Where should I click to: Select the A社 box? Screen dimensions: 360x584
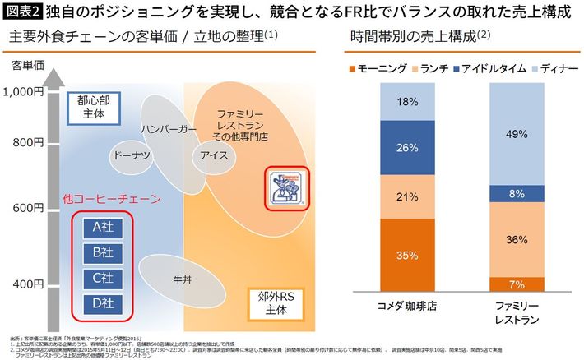tap(103, 226)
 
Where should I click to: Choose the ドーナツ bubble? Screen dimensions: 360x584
tap(131, 155)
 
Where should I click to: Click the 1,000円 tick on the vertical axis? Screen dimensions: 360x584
tap(28, 92)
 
